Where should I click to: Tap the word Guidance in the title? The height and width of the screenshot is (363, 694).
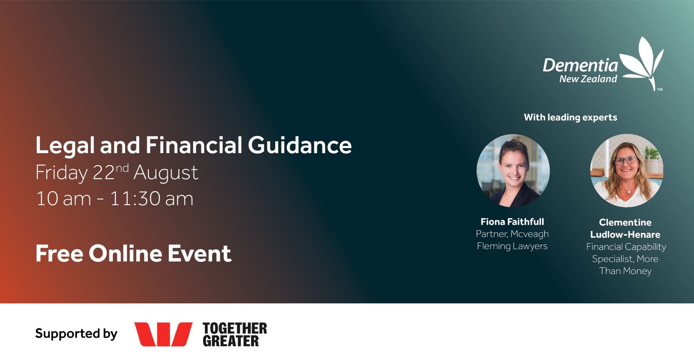(x=300, y=145)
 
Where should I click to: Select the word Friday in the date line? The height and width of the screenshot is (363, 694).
(x=61, y=173)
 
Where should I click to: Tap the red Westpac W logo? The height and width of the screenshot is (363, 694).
(x=163, y=334)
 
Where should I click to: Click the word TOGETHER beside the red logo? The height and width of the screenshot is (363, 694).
(x=235, y=328)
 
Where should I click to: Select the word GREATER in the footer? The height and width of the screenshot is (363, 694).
(x=231, y=341)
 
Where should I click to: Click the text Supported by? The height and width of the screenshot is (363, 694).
(x=76, y=334)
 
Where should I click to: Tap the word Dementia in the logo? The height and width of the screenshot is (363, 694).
(x=581, y=65)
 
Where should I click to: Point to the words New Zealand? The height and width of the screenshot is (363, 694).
(x=588, y=79)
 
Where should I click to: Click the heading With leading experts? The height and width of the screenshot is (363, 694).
(x=570, y=117)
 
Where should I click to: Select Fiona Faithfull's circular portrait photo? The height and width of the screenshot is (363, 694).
(x=513, y=170)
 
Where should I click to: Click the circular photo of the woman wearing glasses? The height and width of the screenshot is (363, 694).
(x=626, y=170)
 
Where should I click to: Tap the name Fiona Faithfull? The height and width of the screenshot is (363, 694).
(x=512, y=222)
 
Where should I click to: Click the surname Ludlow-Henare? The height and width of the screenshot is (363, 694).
(x=625, y=234)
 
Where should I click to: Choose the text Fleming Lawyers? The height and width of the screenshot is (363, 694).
(x=512, y=246)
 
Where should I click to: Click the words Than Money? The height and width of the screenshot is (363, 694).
(x=625, y=271)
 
